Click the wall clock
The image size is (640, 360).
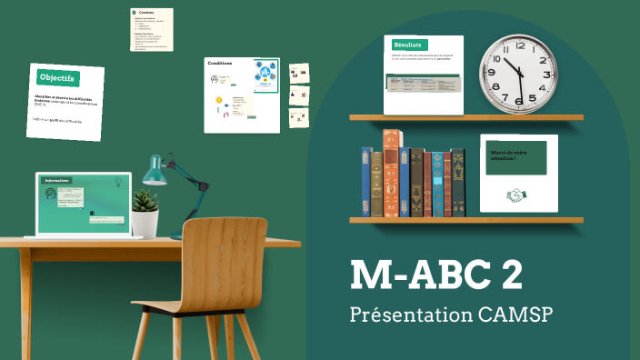[x=516, y=71]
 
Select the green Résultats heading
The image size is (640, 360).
[x=409, y=45]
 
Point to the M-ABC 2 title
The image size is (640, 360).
[x=436, y=275]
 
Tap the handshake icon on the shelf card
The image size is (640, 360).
[x=516, y=195]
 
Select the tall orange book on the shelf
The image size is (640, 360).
[x=392, y=173]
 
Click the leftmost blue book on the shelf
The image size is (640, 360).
[x=366, y=182]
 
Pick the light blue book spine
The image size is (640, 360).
[x=437, y=185]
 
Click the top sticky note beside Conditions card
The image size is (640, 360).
[x=299, y=74]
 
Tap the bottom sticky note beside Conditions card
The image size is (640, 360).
[x=299, y=118]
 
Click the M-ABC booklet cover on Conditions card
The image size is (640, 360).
[x=265, y=75]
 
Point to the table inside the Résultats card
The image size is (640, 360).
[x=424, y=84]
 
